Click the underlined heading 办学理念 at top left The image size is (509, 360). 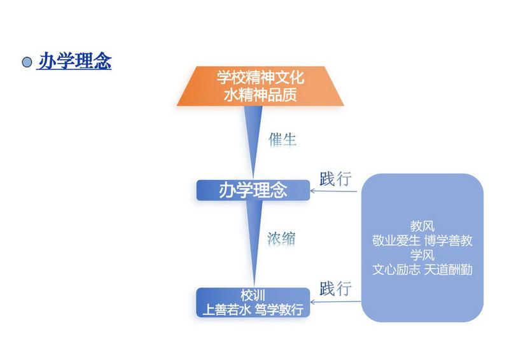coord(75,60)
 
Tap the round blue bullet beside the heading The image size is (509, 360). coord(27,62)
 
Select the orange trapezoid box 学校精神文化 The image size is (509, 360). coord(260,86)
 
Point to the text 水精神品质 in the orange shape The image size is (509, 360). coord(260,95)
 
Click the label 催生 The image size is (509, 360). coord(282,140)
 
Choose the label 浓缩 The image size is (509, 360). coord(281,239)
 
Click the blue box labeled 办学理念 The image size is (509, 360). coord(253,190)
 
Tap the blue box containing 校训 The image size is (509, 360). coord(253,303)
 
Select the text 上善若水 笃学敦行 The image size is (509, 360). coord(253,310)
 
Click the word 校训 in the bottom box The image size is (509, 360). coord(253,295)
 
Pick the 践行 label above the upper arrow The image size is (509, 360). coord(336,179)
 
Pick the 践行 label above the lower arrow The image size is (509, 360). coord(336,289)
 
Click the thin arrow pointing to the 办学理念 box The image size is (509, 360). coord(333,191)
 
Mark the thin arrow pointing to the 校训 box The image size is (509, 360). coord(336,302)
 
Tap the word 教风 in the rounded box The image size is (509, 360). coord(422,226)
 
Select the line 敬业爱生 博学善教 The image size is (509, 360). coord(422,240)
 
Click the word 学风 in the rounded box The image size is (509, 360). coord(422,255)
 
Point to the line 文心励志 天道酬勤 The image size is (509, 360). coord(422,270)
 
